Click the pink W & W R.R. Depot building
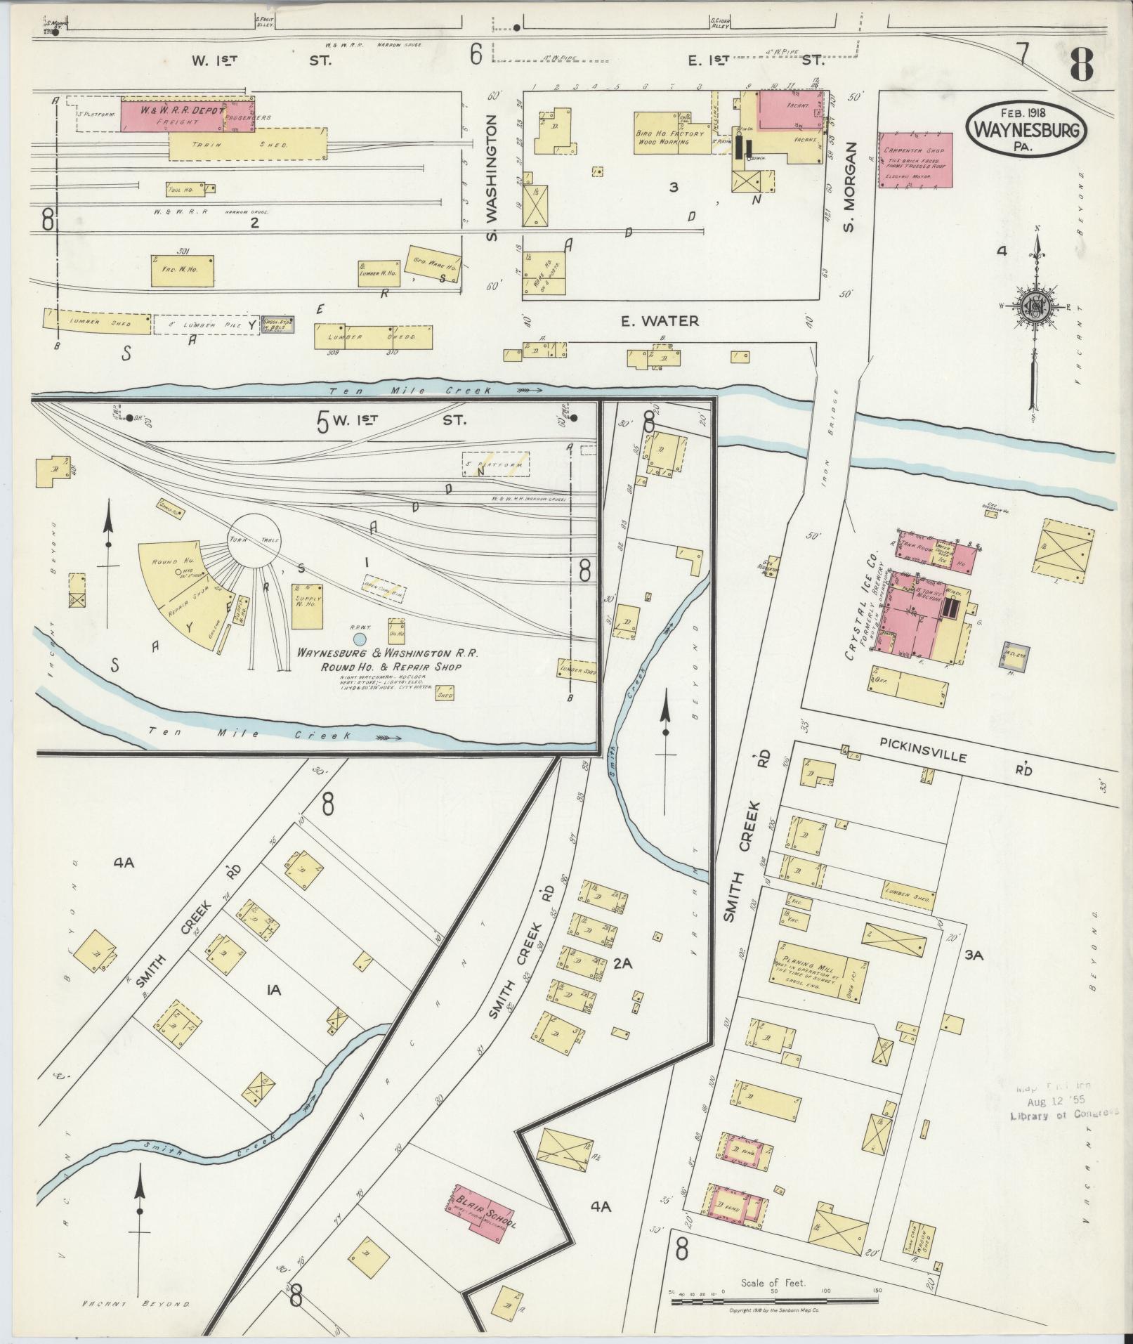coord(173,116)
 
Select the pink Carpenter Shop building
coord(915,159)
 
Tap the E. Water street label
coord(660,321)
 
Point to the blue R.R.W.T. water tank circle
coord(359,639)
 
